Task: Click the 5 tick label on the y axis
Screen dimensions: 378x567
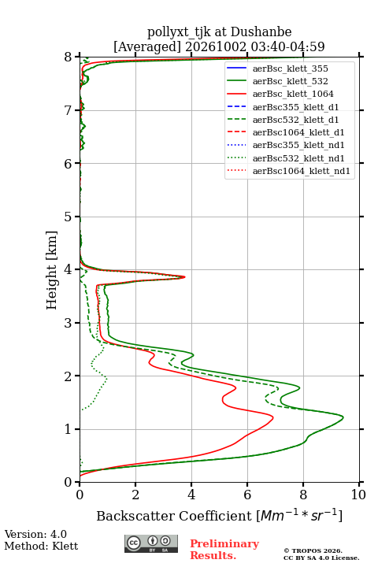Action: click(69, 217)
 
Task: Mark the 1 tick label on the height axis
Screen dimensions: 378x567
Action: click(69, 429)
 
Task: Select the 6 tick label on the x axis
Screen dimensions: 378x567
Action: click(247, 495)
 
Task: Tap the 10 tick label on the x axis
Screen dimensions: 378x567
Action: click(358, 495)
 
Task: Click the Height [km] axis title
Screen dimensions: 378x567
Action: click(52, 270)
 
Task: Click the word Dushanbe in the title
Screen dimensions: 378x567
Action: click(261, 32)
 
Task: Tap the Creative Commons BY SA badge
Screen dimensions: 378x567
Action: click(151, 543)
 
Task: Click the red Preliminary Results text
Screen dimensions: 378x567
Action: click(224, 550)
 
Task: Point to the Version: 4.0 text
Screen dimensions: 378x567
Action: click(35, 534)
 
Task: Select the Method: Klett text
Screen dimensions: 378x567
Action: click(41, 546)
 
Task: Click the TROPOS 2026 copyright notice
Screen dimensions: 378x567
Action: click(313, 550)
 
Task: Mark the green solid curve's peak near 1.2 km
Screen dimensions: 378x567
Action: click(343, 417)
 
